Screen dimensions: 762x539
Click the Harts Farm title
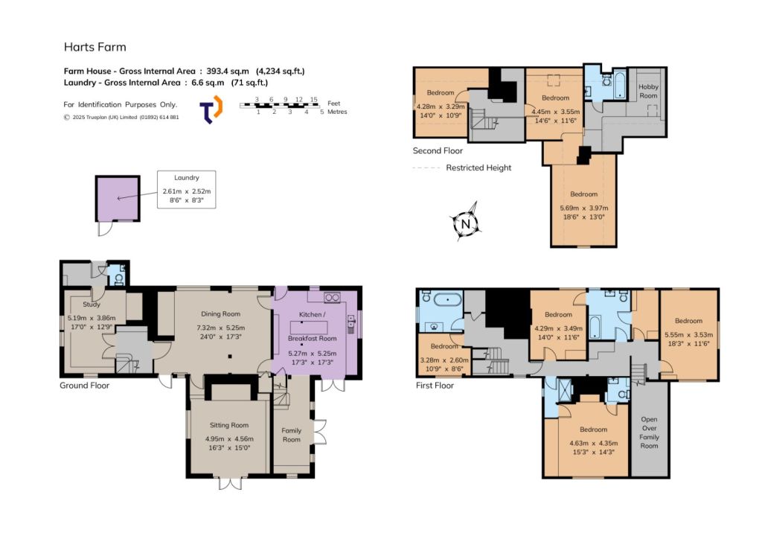coord(95,47)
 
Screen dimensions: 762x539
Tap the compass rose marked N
coord(466,223)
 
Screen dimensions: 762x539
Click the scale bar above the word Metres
coord(281,105)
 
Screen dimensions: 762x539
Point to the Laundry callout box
coord(186,190)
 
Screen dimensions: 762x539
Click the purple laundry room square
coord(118,198)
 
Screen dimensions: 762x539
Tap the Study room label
coord(92,304)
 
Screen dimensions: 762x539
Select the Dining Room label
coord(220,314)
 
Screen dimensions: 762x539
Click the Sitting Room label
coord(229,425)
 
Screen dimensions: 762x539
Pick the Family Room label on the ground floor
coord(292,435)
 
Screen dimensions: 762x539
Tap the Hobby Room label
coord(648,92)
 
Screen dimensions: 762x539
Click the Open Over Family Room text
coord(649,433)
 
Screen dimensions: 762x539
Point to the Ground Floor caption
coord(85,386)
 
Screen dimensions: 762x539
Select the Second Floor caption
coord(438,150)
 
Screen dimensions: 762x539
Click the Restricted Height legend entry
coord(478,168)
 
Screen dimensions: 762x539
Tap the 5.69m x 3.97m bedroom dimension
coord(583,208)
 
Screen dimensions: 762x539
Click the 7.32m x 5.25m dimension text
coord(220,328)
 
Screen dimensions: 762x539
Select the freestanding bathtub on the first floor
coord(447,300)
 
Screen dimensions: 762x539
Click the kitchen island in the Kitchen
coord(308,327)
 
